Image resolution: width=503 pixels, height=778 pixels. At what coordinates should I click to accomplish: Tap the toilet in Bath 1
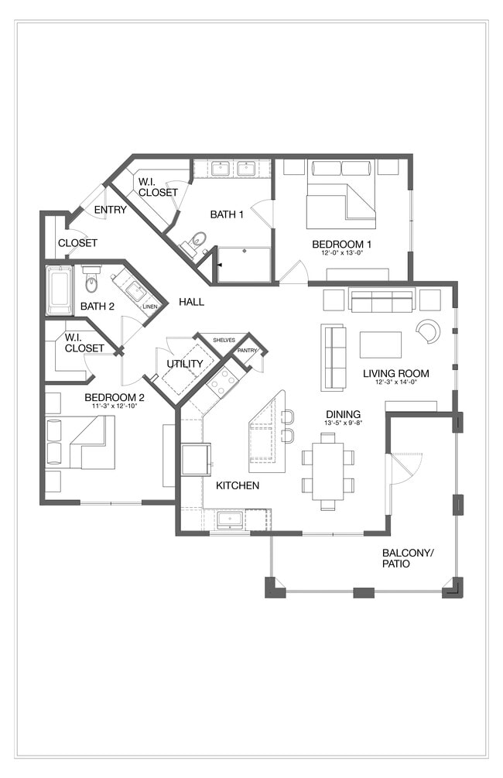coord(197,240)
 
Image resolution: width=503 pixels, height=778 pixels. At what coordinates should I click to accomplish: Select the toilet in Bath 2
coord(91,282)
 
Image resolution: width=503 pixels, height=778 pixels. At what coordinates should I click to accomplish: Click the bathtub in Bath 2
coord(60,290)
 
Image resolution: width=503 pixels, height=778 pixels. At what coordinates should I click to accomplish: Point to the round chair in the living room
coord(428,331)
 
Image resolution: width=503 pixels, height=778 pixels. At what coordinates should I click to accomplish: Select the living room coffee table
coord(380,344)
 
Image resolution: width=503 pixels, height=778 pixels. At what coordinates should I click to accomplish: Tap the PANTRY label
coord(247,351)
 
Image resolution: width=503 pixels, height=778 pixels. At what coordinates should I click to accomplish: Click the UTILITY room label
coord(184,364)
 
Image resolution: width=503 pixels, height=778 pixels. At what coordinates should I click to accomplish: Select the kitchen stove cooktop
coord(223,381)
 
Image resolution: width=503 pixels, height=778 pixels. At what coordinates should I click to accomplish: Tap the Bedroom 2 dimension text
coord(114,406)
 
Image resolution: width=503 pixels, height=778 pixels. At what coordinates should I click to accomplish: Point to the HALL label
coord(191,301)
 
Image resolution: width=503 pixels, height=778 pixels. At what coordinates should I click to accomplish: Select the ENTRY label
coord(111,210)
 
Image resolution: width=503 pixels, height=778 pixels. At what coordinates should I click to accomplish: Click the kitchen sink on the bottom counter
coord(231,519)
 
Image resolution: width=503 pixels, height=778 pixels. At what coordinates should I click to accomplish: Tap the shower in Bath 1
coord(244,265)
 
